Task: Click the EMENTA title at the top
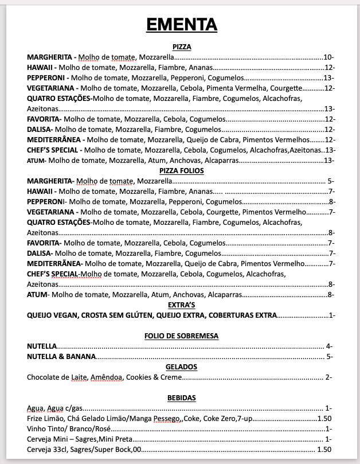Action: pyautogui.click(x=181, y=25)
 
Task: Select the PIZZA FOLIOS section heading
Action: pyautogui.click(x=181, y=171)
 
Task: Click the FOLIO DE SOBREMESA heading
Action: pyautogui.click(x=181, y=336)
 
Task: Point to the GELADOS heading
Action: pyautogui.click(x=181, y=367)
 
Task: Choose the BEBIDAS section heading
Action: pyautogui.click(x=181, y=398)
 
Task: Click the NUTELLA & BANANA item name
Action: pyautogui.click(x=61, y=357)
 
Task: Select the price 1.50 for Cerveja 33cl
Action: pyautogui.click(x=324, y=450)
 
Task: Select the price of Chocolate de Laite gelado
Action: pyautogui.click(x=327, y=377)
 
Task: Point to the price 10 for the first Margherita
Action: pyautogui.click(x=328, y=57)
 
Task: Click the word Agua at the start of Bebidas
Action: pyautogui.click(x=36, y=408)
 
